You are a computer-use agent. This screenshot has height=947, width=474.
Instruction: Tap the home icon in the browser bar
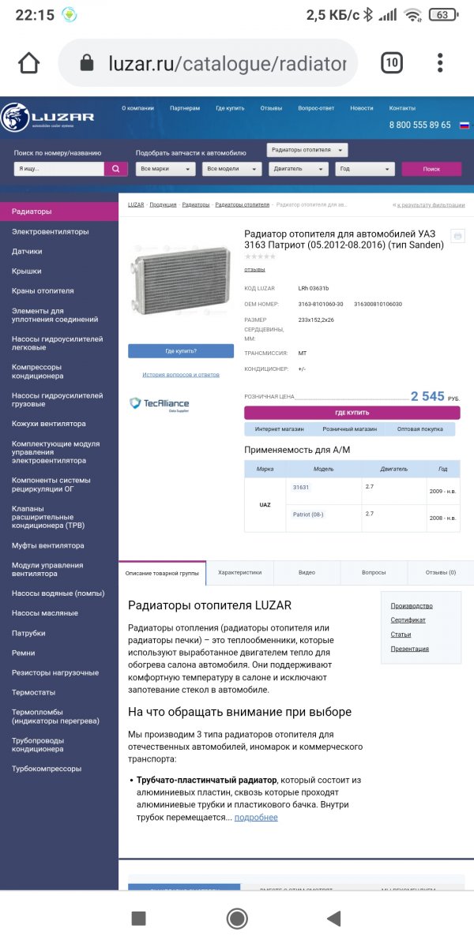[x=29, y=63]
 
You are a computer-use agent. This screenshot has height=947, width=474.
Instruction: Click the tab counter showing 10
[x=392, y=63]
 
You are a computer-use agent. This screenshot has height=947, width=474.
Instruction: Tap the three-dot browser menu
[x=440, y=63]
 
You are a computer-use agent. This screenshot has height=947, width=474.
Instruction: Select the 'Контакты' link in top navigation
[x=402, y=108]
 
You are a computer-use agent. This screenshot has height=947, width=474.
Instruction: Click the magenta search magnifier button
[x=115, y=169]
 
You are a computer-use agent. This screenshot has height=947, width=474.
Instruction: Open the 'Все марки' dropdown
[x=166, y=169]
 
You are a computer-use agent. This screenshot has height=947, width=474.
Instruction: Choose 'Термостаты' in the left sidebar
[x=33, y=692]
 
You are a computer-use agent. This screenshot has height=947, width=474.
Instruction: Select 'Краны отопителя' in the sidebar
[x=43, y=291]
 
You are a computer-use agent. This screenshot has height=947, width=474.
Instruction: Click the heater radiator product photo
[x=180, y=278]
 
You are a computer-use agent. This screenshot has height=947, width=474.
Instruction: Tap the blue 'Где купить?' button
[x=181, y=351]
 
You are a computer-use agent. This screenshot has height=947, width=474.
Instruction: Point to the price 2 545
[x=427, y=396]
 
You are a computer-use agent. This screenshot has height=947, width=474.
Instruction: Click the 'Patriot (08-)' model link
[x=308, y=515]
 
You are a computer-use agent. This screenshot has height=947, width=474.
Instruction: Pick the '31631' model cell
[x=301, y=488]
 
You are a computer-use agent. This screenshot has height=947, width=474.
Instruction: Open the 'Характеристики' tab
[x=239, y=572]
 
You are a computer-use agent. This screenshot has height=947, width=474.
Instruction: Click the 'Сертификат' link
[x=408, y=620]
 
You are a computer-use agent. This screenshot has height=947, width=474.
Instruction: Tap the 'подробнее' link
[x=256, y=818]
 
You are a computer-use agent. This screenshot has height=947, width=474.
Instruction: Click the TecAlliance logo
[x=160, y=404]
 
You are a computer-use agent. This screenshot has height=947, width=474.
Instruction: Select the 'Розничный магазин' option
[x=349, y=429]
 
